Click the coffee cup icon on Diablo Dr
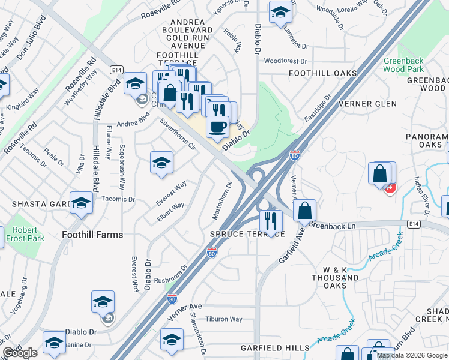click(217, 127)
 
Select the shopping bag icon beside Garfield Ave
click(305, 211)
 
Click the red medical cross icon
click(391, 188)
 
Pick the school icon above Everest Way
click(161, 163)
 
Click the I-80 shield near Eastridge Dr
click(294, 155)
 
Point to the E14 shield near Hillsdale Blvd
click(117, 70)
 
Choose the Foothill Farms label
click(92, 235)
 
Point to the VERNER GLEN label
click(367, 104)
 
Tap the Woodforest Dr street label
click(285, 61)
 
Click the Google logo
click(20, 353)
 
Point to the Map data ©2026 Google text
click(411, 355)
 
